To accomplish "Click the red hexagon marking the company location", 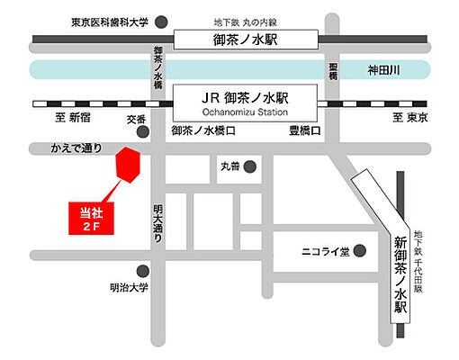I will tap(128, 166).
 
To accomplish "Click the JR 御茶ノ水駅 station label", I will tap(247, 94).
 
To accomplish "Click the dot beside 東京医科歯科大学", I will tap(161, 21).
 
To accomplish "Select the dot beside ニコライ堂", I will tap(360, 251).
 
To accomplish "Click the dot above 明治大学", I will tap(142, 271).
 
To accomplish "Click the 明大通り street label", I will tap(158, 221).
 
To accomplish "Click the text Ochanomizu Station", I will tap(247, 111).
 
